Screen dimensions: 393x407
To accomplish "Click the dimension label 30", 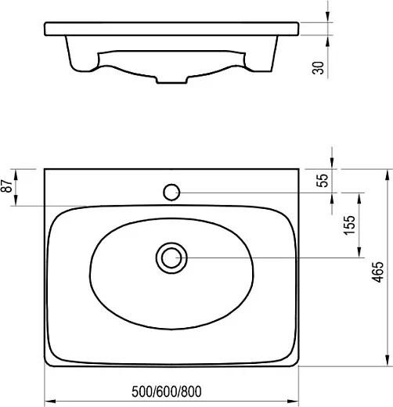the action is (x=318, y=68).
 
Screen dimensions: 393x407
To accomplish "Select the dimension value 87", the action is (x=7, y=186).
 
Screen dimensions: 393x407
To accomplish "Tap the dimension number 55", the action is (x=322, y=180).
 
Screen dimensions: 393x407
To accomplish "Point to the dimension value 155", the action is (x=349, y=225).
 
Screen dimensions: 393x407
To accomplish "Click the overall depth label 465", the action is (x=377, y=272).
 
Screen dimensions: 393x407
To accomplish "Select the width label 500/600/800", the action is (x=167, y=391).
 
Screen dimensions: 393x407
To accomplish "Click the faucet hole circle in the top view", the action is (x=171, y=193).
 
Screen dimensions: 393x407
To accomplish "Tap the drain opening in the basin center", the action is (x=171, y=258).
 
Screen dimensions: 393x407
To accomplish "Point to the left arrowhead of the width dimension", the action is (x=50, y=401).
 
